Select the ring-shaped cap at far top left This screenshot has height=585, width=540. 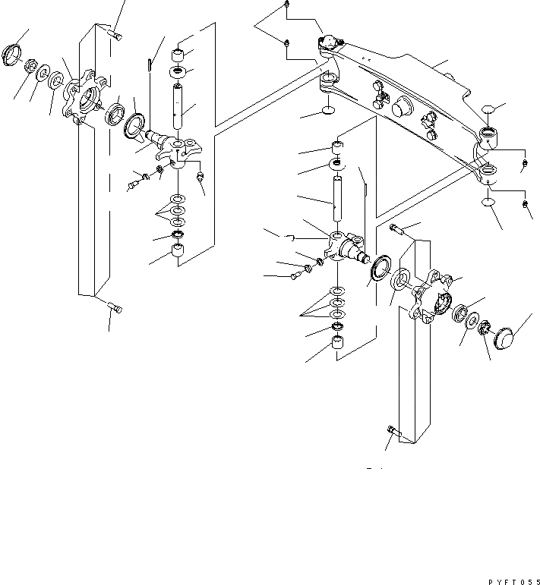(14, 55)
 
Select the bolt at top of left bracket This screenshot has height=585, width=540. (115, 34)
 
